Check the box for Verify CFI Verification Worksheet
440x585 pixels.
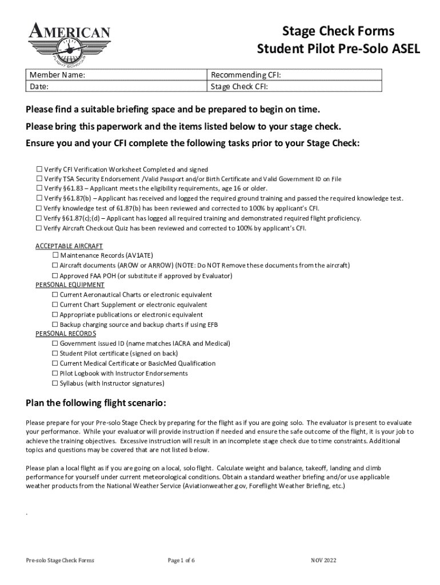(x=39, y=169)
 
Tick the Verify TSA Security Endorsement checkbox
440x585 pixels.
(x=39, y=179)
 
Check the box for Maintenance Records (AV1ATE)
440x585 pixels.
(x=55, y=255)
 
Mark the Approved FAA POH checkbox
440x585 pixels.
(x=55, y=275)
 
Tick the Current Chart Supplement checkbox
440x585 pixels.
(x=55, y=304)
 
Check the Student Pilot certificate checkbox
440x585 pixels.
(x=55, y=353)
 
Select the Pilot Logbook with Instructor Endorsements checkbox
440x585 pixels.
(x=55, y=373)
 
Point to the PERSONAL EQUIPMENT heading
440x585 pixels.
(x=70, y=285)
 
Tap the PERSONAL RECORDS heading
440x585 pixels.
(x=66, y=334)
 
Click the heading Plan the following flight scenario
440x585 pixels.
(x=96, y=403)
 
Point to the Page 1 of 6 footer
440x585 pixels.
(x=181, y=560)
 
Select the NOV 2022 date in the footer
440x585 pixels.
(x=323, y=560)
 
